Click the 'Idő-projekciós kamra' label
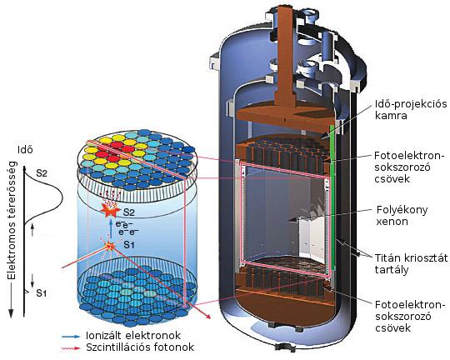(411, 110)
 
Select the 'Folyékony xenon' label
(402, 215)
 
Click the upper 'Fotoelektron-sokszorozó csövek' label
(409, 167)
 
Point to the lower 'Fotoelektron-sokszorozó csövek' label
(410, 316)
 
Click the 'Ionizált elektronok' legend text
(133, 335)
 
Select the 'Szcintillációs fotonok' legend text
(140, 347)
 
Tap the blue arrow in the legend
(71, 336)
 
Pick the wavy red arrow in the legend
(71, 348)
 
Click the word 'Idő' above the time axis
(25, 150)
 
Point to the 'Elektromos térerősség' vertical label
(12, 220)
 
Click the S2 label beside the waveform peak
(42, 173)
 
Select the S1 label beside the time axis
(42, 293)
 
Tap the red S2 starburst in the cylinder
(110, 210)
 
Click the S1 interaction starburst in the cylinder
(109, 246)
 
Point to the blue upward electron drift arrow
(111, 229)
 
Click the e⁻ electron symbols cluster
(127, 227)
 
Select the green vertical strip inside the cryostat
(332, 197)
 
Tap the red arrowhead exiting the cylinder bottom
(207, 316)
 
